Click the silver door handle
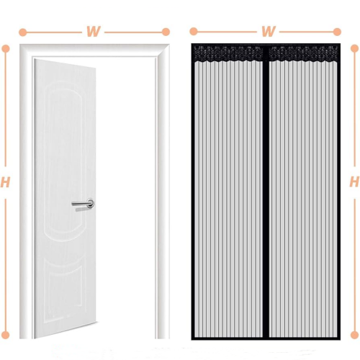(x=83, y=204)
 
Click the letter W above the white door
(x=93, y=32)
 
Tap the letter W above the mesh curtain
(x=268, y=31)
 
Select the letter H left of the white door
(x=5, y=182)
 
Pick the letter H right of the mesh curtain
(x=354, y=181)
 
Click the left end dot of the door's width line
(x=23, y=32)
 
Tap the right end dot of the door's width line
(x=166, y=32)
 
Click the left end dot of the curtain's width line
(x=194, y=32)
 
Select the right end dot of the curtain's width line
(x=337, y=32)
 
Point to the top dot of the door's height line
(x=6, y=48)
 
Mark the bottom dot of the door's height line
(x=6, y=335)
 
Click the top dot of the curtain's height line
(x=354, y=48)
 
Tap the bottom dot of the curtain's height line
(x=354, y=335)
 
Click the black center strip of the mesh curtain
(x=266, y=192)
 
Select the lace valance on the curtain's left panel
(x=228, y=54)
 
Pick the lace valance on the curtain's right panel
(x=303, y=54)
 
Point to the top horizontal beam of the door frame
(x=94, y=50)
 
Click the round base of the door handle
(x=91, y=204)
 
